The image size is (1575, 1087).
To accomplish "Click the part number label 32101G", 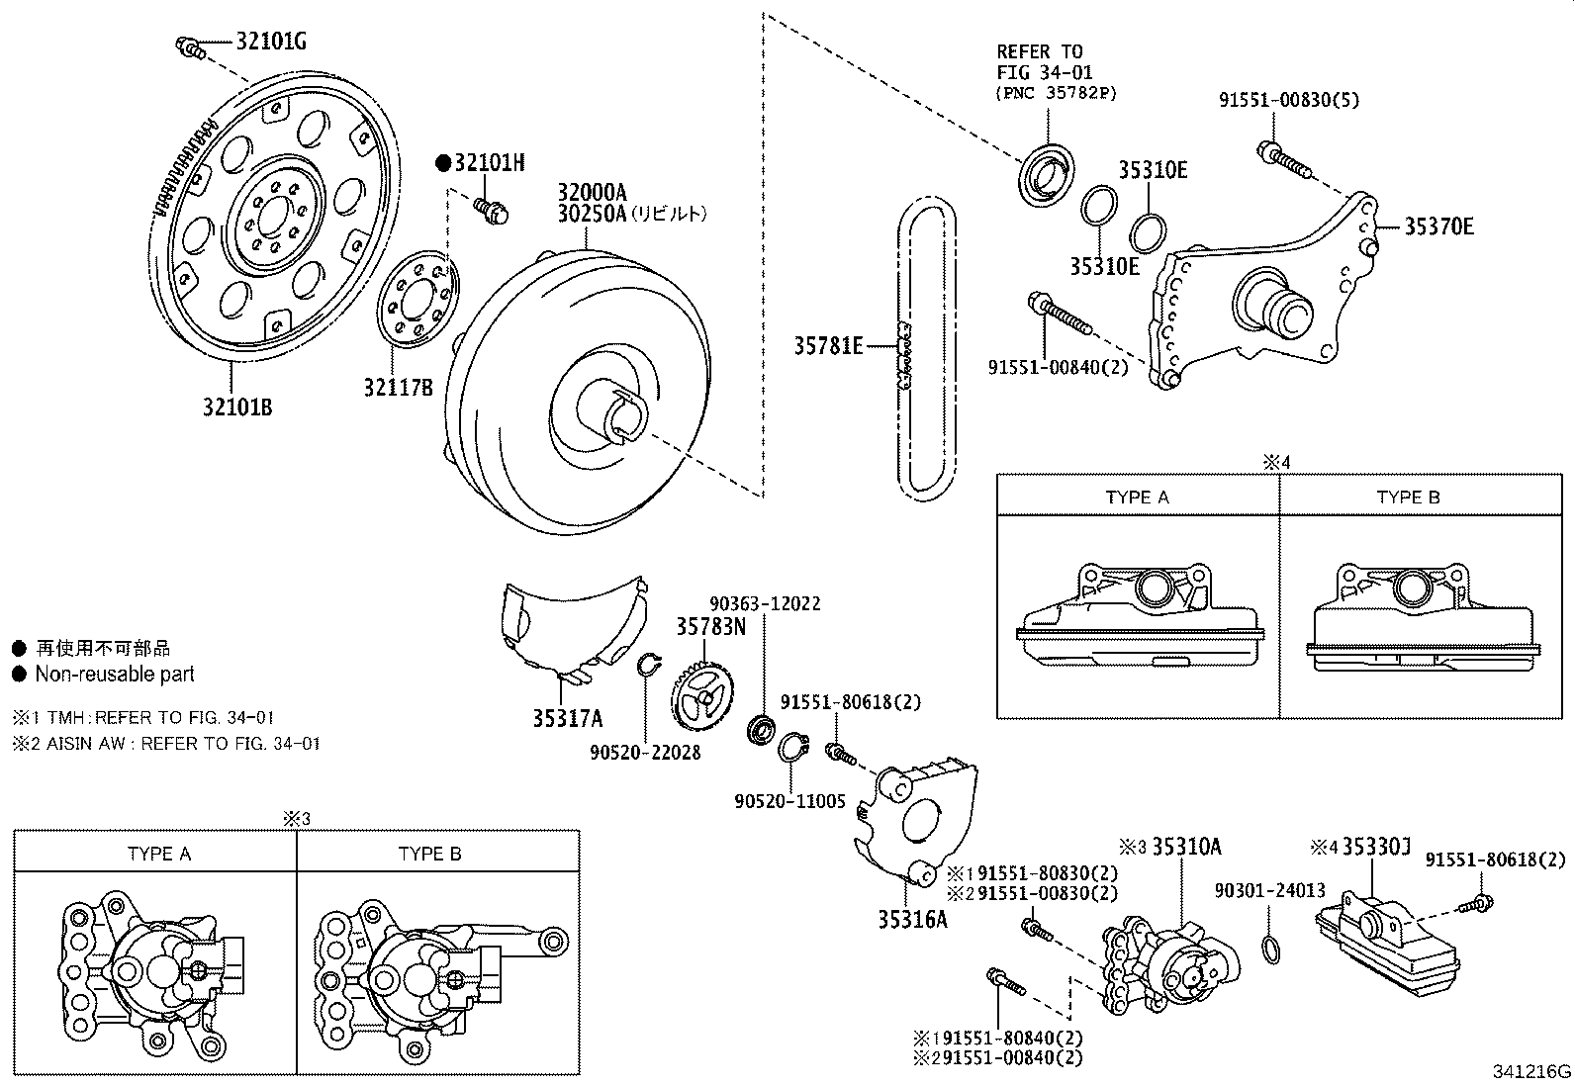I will [270, 42].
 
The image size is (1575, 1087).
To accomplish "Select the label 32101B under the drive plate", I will [237, 407].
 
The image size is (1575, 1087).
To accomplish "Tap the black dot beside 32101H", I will [443, 163].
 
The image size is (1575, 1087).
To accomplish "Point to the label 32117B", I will [398, 388].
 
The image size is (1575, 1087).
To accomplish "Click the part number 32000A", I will [592, 192].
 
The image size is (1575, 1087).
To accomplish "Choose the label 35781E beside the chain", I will [828, 346].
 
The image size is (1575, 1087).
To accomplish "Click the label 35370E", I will [1438, 226].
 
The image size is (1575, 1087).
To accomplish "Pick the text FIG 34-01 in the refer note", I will [1040, 72].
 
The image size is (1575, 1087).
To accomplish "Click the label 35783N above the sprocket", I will [711, 626].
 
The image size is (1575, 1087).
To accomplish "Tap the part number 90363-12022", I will [765, 603].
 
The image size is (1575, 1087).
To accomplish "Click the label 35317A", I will [567, 719].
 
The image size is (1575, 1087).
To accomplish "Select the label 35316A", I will [912, 919].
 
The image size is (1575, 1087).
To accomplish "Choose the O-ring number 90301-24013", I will [1270, 890].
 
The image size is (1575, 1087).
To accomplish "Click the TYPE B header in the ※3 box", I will [429, 854].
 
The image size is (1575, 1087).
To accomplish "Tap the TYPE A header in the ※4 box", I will [1137, 497].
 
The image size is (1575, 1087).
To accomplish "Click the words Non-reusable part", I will [115, 675].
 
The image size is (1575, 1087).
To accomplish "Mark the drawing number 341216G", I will [1532, 1071].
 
